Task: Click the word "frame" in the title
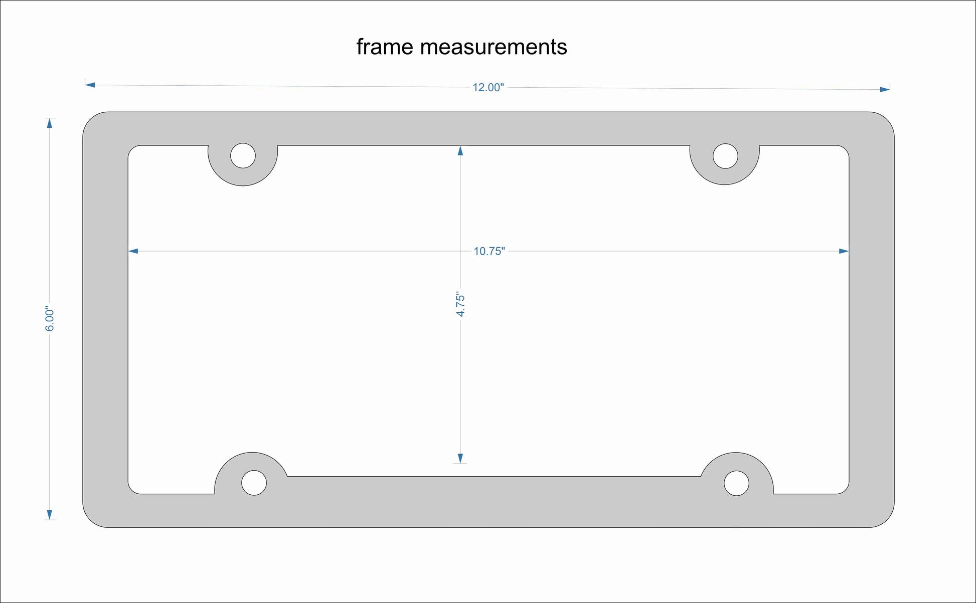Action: coord(385,47)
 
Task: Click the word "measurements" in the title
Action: coord(494,47)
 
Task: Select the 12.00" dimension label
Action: coord(487,88)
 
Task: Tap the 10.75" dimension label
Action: coord(489,251)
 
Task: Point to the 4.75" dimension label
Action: coord(460,304)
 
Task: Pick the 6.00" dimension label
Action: coord(50,319)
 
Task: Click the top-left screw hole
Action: coord(243,155)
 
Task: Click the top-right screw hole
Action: coord(725,156)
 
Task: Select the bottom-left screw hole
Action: coord(254,483)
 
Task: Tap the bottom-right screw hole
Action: coord(736,483)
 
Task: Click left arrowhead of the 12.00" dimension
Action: coord(90,85)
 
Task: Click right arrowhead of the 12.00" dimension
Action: coord(885,90)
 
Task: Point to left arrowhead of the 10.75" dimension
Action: coord(133,251)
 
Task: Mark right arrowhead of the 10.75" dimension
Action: coord(844,251)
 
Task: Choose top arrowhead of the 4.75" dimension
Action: coord(460,150)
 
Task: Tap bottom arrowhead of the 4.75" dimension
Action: coord(460,458)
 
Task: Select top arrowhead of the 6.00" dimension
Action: coord(49,123)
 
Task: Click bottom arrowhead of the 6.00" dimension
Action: coord(49,515)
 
